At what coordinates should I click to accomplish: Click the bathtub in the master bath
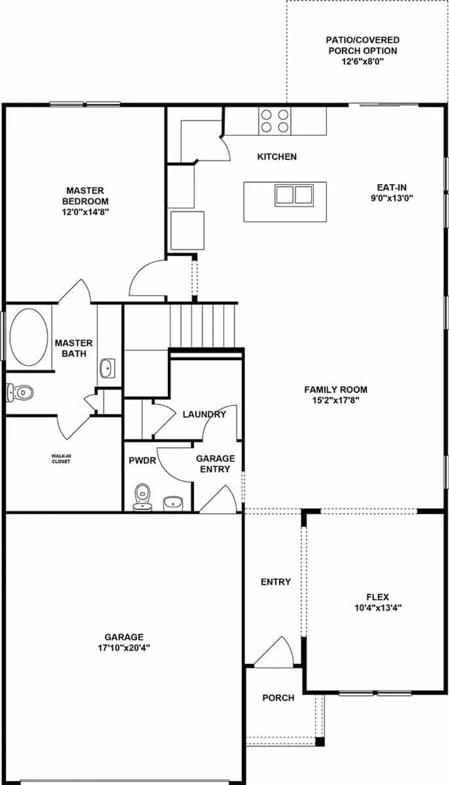(29, 337)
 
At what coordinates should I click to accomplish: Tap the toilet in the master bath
(20, 392)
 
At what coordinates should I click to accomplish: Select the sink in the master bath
(107, 368)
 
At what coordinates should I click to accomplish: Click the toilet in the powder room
(143, 497)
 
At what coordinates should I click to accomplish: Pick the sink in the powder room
(173, 503)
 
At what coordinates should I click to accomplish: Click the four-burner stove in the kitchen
(275, 121)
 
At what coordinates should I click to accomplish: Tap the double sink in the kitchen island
(294, 195)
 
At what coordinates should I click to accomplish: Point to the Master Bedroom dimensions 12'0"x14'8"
(85, 212)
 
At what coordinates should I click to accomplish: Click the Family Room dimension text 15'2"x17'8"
(336, 400)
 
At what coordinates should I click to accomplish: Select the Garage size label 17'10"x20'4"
(124, 647)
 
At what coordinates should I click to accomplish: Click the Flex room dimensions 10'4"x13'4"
(378, 608)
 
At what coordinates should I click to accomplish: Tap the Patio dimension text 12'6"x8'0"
(363, 62)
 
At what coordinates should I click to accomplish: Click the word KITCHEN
(277, 157)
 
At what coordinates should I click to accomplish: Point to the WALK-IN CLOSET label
(61, 459)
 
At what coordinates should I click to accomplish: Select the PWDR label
(143, 460)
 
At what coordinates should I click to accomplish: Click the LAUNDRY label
(204, 414)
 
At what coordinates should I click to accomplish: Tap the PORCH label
(278, 698)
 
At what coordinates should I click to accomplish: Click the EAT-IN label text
(392, 187)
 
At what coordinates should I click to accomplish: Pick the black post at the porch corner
(320, 742)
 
